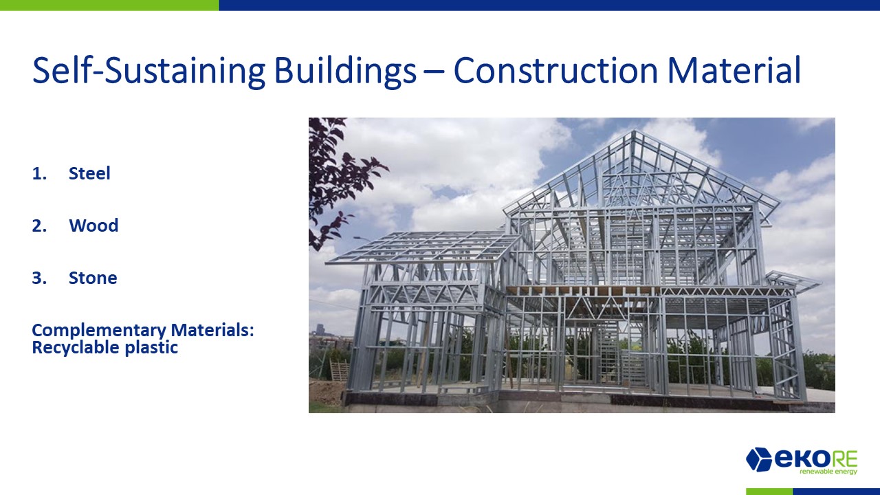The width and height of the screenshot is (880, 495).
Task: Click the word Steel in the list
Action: [x=89, y=173]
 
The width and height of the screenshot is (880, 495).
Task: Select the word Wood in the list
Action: [x=93, y=225]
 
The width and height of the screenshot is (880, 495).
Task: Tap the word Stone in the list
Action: [x=93, y=278]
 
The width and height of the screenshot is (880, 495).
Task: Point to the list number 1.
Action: [x=39, y=173]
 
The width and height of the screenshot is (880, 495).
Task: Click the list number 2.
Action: [x=39, y=225]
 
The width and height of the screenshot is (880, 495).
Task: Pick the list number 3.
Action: [x=39, y=278]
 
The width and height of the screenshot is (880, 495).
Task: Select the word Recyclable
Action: [x=76, y=348]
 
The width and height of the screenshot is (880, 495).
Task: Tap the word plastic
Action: [x=151, y=348]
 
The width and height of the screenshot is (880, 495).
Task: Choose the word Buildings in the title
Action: [x=345, y=71]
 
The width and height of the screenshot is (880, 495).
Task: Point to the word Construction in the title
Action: [x=555, y=71]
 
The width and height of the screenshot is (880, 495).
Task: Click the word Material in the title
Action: [x=734, y=71]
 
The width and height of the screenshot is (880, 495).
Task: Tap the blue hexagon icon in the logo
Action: [x=758, y=459]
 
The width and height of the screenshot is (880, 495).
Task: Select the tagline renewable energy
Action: [x=828, y=472]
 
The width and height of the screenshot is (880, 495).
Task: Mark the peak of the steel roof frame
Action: [x=633, y=131]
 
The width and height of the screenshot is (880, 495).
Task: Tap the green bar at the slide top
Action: [x=109, y=5]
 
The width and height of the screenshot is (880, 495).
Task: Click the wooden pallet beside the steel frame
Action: [x=339, y=371]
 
